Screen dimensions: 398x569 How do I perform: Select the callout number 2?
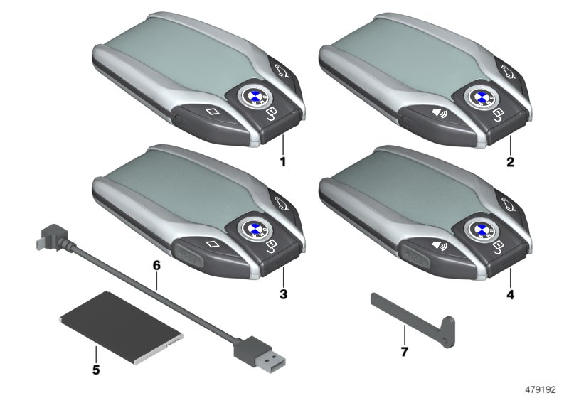[509, 162]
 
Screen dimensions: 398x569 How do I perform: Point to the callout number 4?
[509, 293]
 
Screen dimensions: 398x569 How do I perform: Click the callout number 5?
[96, 350]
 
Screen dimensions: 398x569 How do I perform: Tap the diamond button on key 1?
[211, 112]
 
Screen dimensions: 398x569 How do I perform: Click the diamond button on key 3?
[211, 245]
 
